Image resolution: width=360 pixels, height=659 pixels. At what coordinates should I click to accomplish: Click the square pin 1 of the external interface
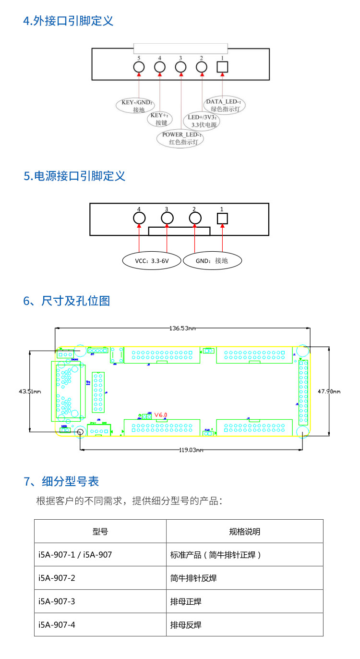click(222, 68)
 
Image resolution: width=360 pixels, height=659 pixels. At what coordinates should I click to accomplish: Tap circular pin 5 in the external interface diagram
click(139, 68)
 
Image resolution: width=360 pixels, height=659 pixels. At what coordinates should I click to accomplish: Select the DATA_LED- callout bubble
click(224, 105)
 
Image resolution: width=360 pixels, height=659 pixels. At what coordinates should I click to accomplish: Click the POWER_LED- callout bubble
click(180, 138)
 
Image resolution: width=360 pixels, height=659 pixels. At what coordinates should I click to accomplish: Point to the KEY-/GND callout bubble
click(137, 106)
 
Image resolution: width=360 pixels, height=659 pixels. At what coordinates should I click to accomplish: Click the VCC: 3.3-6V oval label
click(152, 261)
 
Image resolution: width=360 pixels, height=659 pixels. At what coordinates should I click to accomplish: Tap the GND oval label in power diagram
click(212, 261)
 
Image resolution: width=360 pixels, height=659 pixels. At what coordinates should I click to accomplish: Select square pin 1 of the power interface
click(222, 219)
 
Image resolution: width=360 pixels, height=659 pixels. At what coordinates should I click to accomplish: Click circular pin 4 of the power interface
click(139, 219)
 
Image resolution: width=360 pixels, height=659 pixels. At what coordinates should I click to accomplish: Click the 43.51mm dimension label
click(30, 391)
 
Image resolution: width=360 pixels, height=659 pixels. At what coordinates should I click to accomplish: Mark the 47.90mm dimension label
click(329, 391)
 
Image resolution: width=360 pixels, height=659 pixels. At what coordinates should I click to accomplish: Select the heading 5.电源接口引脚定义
click(74, 176)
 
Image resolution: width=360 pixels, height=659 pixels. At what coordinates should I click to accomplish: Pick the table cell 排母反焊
click(186, 625)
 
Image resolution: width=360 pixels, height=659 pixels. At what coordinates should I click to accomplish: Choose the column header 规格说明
click(245, 532)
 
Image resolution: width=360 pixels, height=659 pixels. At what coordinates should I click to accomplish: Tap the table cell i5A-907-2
click(57, 578)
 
